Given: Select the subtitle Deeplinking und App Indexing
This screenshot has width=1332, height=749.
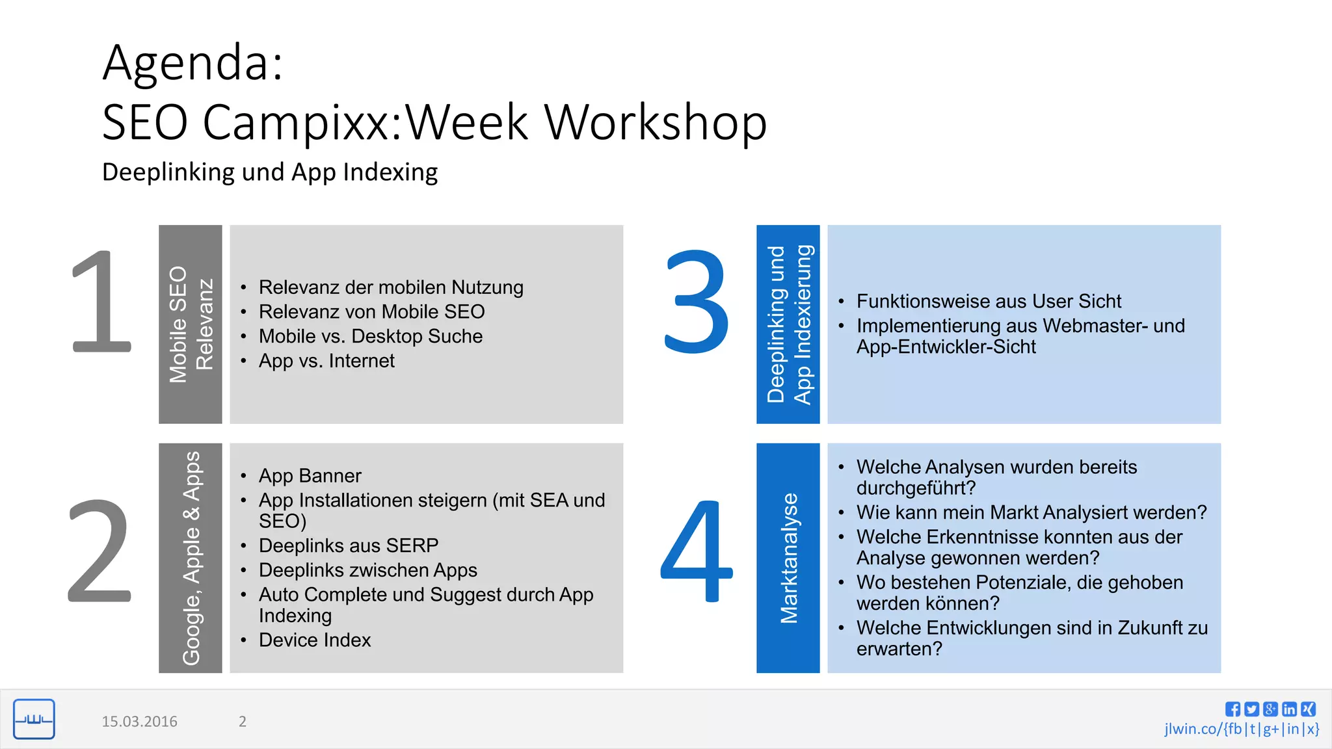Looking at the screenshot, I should [x=269, y=172].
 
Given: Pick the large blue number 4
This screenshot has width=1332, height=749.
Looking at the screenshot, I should [x=696, y=551].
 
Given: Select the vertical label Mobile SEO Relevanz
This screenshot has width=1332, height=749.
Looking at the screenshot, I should [x=190, y=324].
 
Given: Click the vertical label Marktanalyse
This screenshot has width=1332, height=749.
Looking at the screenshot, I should [x=788, y=558].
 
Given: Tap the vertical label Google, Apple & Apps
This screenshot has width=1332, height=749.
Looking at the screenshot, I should [x=191, y=558].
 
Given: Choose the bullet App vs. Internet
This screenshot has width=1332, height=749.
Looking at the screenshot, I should [x=326, y=361].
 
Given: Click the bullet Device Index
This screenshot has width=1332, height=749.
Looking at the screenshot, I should [x=314, y=640].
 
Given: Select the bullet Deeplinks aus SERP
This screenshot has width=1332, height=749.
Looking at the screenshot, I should [x=348, y=545].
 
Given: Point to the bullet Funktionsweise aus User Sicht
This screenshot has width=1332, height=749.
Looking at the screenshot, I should [x=988, y=302].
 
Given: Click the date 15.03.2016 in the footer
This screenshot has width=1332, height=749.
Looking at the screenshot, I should [x=139, y=722].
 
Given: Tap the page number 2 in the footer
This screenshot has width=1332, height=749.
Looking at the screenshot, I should [x=243, y=722].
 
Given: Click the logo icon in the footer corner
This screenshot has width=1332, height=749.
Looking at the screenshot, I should [x=34, y=719].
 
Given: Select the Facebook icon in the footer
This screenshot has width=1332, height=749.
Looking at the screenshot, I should [x=1232, y=709].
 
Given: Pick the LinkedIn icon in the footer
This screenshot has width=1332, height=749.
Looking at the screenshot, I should [x=1289, y=709].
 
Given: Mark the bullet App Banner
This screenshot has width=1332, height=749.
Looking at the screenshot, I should [x=310, y=476].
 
